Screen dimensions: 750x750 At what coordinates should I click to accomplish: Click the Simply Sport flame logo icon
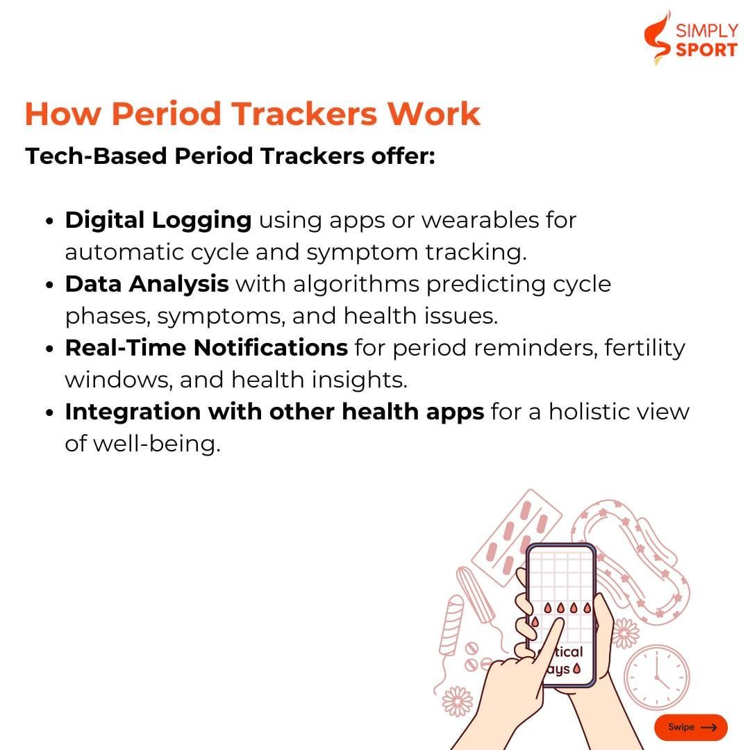tap(657, 37)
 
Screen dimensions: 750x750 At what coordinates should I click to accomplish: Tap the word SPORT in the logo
tap(706, 50)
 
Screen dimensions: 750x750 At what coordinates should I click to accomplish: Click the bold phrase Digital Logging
tap(158, 221)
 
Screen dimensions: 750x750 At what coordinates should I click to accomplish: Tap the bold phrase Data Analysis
tap(147, 284)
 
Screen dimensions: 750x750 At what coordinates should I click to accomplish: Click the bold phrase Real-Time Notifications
tap(207, 348)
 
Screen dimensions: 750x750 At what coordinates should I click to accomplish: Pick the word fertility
tap(644, 348)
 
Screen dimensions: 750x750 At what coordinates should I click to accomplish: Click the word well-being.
tap(157, 444)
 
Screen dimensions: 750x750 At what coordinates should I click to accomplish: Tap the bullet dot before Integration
tap(50, 412)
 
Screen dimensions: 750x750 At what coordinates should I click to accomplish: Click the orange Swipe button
tap(691, 727)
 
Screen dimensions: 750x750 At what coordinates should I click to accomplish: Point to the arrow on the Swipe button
tap(708, 727)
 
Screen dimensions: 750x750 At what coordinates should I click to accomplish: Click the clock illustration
tap(657, 677)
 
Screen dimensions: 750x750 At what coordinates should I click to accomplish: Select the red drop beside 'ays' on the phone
tap(577, 669)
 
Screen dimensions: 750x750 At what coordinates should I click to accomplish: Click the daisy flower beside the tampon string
tap(458, 701)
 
